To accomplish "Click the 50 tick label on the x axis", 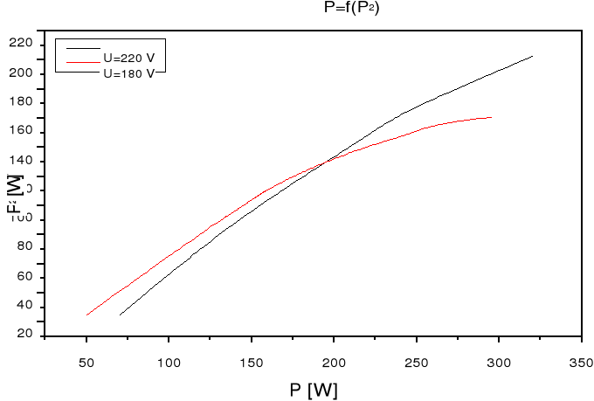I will pyautogui.click(x=86, y=361).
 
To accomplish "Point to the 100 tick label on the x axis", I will pyautogui.click(x=169, y=361).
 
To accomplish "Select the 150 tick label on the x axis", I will pyautogui.click(x=252, y=361).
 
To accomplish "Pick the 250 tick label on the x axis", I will pyautogui.click(x=417, y=361).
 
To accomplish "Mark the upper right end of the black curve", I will pyautogui.click(x=532, y=56).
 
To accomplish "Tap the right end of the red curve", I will pyautogui.click(x=491, y=117).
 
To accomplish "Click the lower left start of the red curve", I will pyautogui.click(x=86, y=315).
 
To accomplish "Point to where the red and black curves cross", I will pyautogui.click(x=328, y=160).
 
